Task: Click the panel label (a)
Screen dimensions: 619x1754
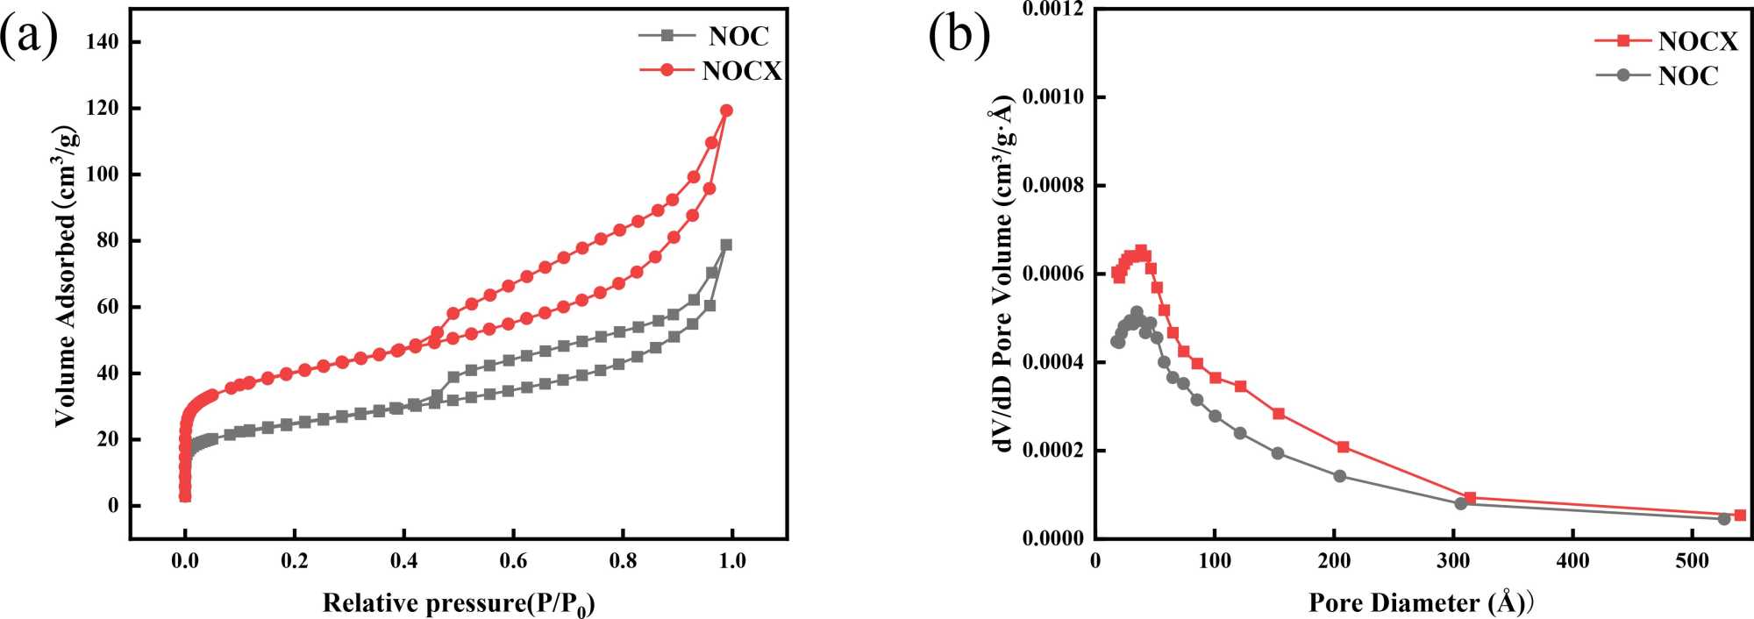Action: coord(29,37)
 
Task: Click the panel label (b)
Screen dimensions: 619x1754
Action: coord(959,37)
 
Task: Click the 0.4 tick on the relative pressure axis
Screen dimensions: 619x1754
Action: coord(403,560)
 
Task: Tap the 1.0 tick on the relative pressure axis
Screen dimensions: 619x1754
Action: coord(732,560)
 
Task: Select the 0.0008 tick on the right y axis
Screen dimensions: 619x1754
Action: coord(1052,186)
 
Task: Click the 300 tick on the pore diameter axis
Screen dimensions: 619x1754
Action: coord(1453,560)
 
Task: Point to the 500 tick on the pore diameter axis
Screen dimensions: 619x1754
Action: coord(1692,560)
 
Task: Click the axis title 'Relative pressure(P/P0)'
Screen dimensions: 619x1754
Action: coord(459,603)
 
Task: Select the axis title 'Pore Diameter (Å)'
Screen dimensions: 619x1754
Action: coord(1418,603)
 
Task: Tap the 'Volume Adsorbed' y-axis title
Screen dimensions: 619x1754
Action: coord(67,276)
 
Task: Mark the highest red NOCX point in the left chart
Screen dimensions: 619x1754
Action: coord(726,110)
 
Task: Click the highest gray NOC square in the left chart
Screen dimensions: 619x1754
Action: coord(726,245)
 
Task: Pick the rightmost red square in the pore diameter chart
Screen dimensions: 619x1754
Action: coord(1740,516)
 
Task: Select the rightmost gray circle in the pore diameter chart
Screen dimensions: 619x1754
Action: coord(1723,519)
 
